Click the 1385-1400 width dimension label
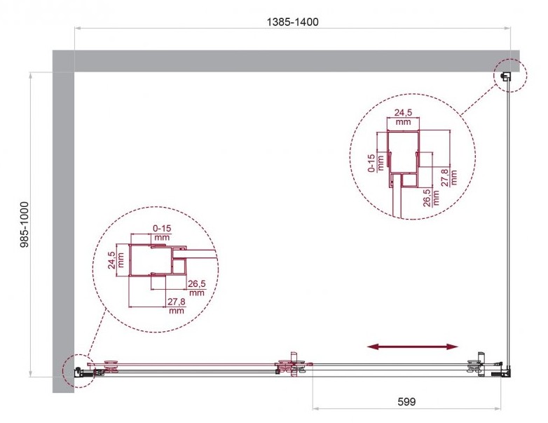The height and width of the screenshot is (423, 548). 292,22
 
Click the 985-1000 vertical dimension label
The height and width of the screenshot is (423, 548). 25,224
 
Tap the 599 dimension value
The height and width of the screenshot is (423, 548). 407,402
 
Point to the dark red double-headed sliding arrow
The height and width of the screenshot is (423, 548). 412,347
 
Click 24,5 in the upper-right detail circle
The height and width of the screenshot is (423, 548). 404,113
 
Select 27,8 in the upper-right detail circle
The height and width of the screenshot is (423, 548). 444,177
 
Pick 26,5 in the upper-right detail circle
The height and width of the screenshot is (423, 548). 427,198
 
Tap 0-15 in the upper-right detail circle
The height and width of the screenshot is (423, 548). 371,163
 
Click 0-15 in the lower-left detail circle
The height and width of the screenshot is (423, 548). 162,229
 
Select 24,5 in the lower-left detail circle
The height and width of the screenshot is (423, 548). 112,260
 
